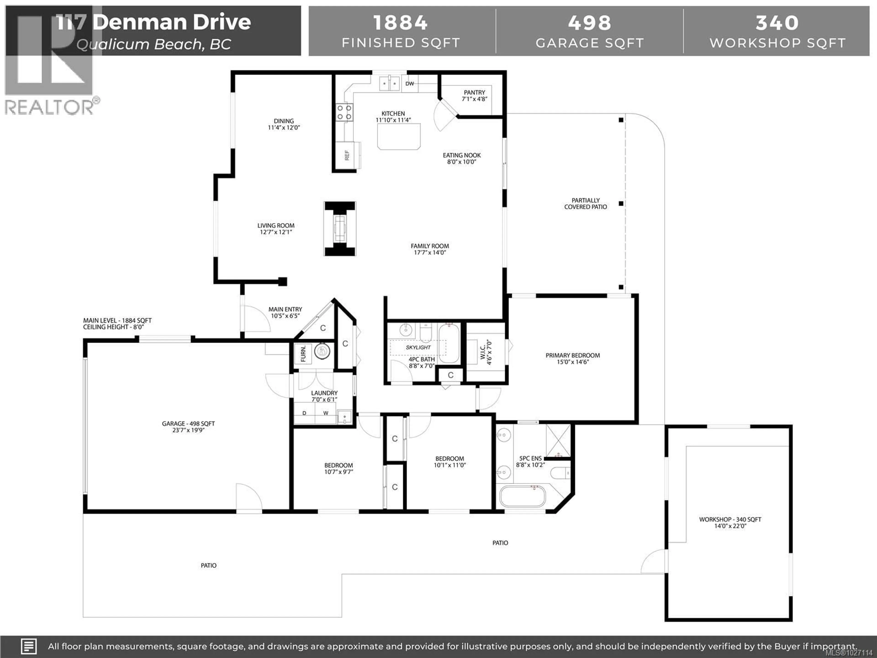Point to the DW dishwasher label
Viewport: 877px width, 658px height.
tap(409, 84)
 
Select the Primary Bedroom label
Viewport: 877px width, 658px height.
tap(573, 358)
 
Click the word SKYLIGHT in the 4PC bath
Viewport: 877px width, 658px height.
tap(418, 348)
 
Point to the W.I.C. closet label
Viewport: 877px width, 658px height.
tap(486, 352)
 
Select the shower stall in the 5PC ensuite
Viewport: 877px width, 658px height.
tap(558, 440)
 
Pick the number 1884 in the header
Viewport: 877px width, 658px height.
tap(400, 23)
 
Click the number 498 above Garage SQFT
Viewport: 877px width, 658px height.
tap(589, 23)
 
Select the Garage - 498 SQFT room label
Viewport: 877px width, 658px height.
tap(188, 427)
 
